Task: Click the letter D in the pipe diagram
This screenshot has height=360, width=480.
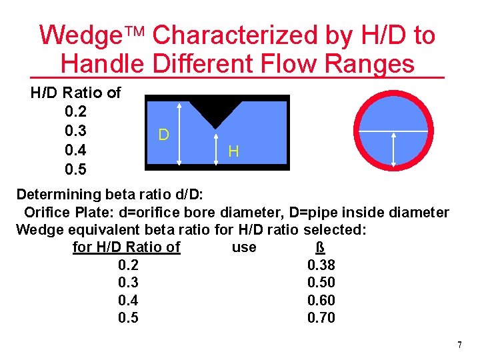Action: click(163, 135)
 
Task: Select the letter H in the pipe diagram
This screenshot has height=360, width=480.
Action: click(233, 151)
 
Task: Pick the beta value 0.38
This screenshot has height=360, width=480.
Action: click(321, 266)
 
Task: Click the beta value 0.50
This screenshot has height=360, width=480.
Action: click(321, 283)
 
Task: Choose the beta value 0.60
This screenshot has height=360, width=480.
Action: click(321, 301)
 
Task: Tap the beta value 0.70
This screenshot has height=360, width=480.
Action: click(321, 318)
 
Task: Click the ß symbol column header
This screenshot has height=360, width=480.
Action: click(320, 248)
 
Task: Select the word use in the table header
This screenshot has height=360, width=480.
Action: click(243, 248)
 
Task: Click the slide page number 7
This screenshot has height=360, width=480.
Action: click(459, 345)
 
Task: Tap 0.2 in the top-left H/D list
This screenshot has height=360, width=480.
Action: click(75, 111)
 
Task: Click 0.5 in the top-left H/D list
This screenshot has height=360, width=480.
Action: click(75, 169)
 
